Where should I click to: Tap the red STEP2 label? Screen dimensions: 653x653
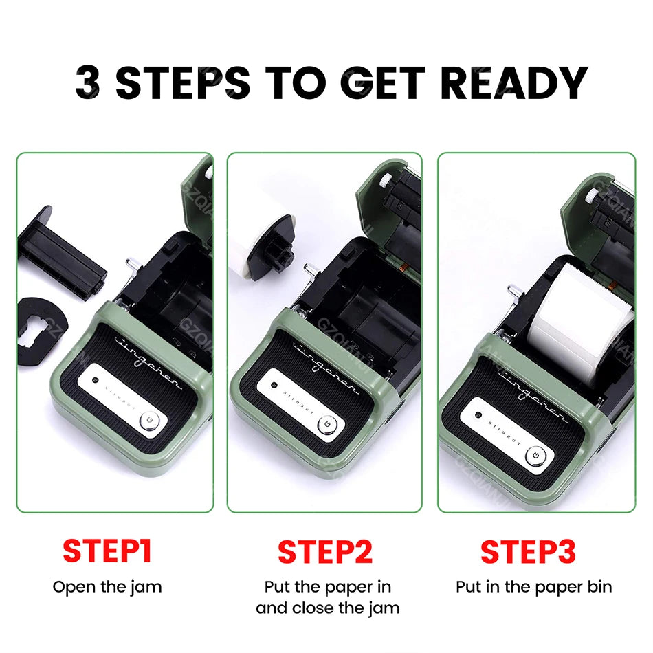point(325,552)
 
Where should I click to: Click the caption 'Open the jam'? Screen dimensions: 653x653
point(107,587)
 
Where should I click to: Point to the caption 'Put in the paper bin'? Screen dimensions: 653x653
point(533,587)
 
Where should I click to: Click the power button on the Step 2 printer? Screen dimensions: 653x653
point(328,425)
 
